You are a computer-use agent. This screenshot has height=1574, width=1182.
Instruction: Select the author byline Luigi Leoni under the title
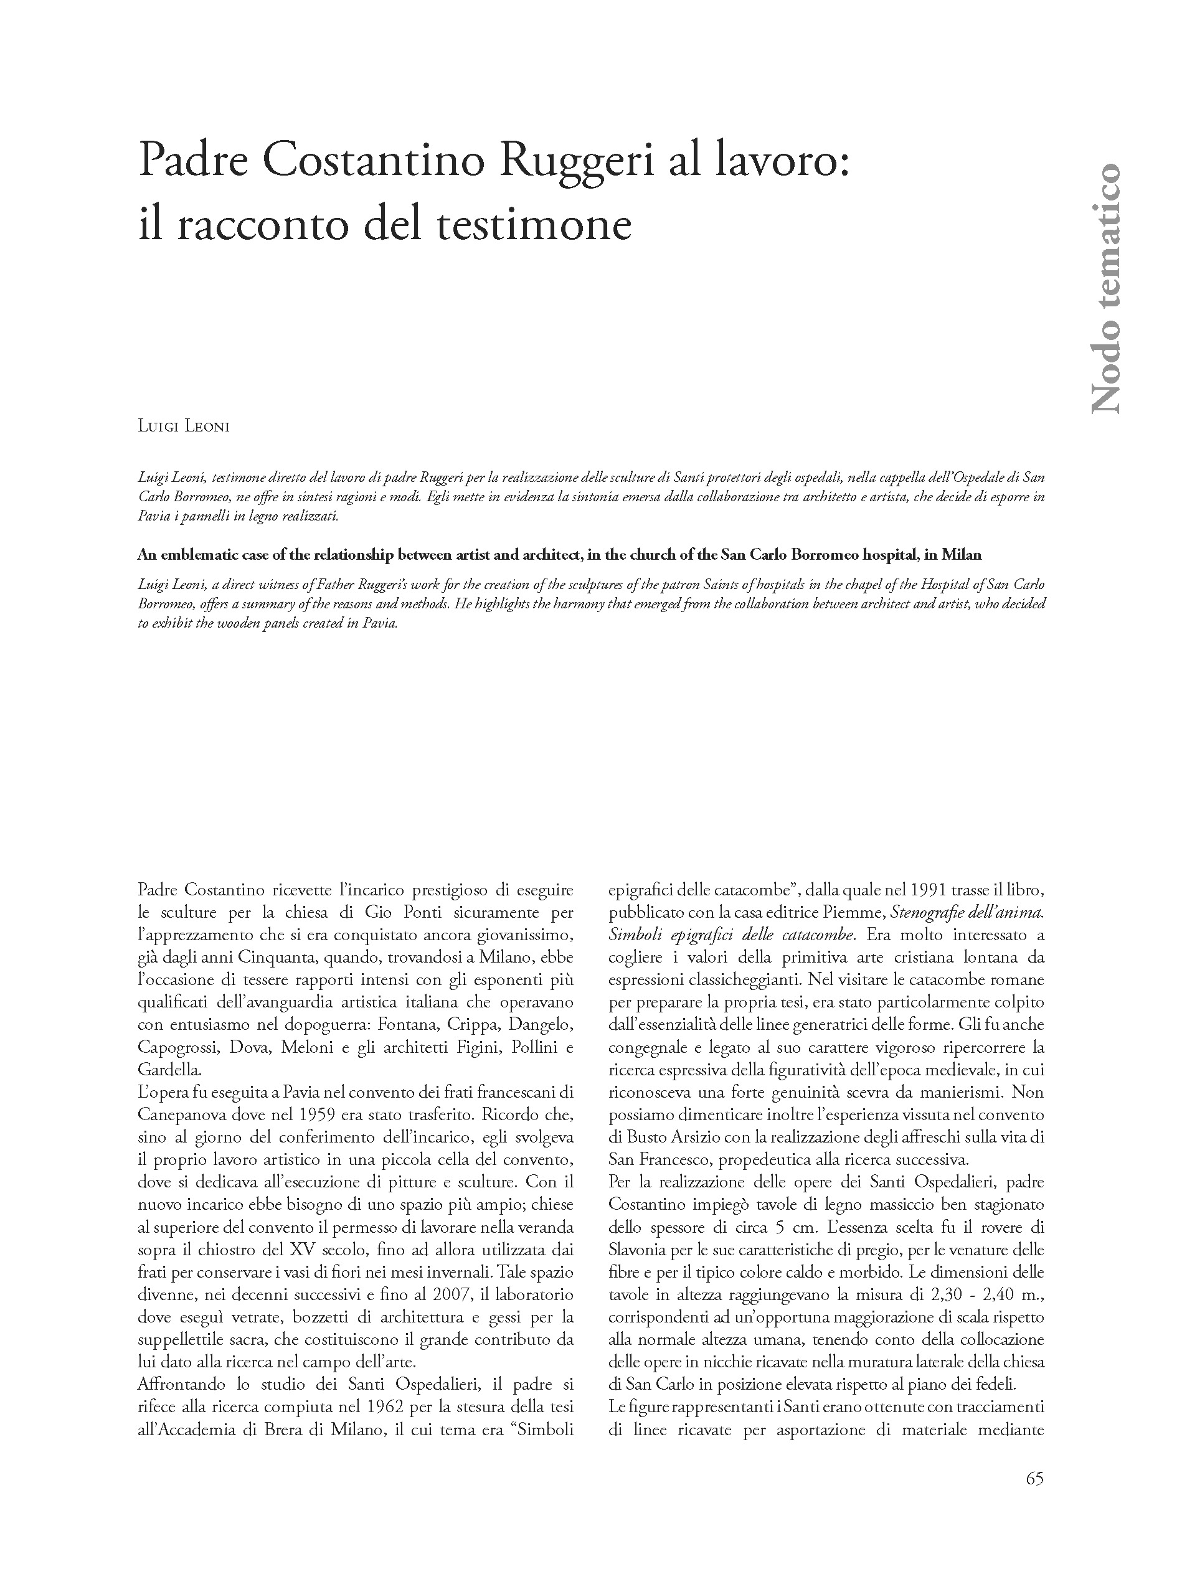pos(184,427)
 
